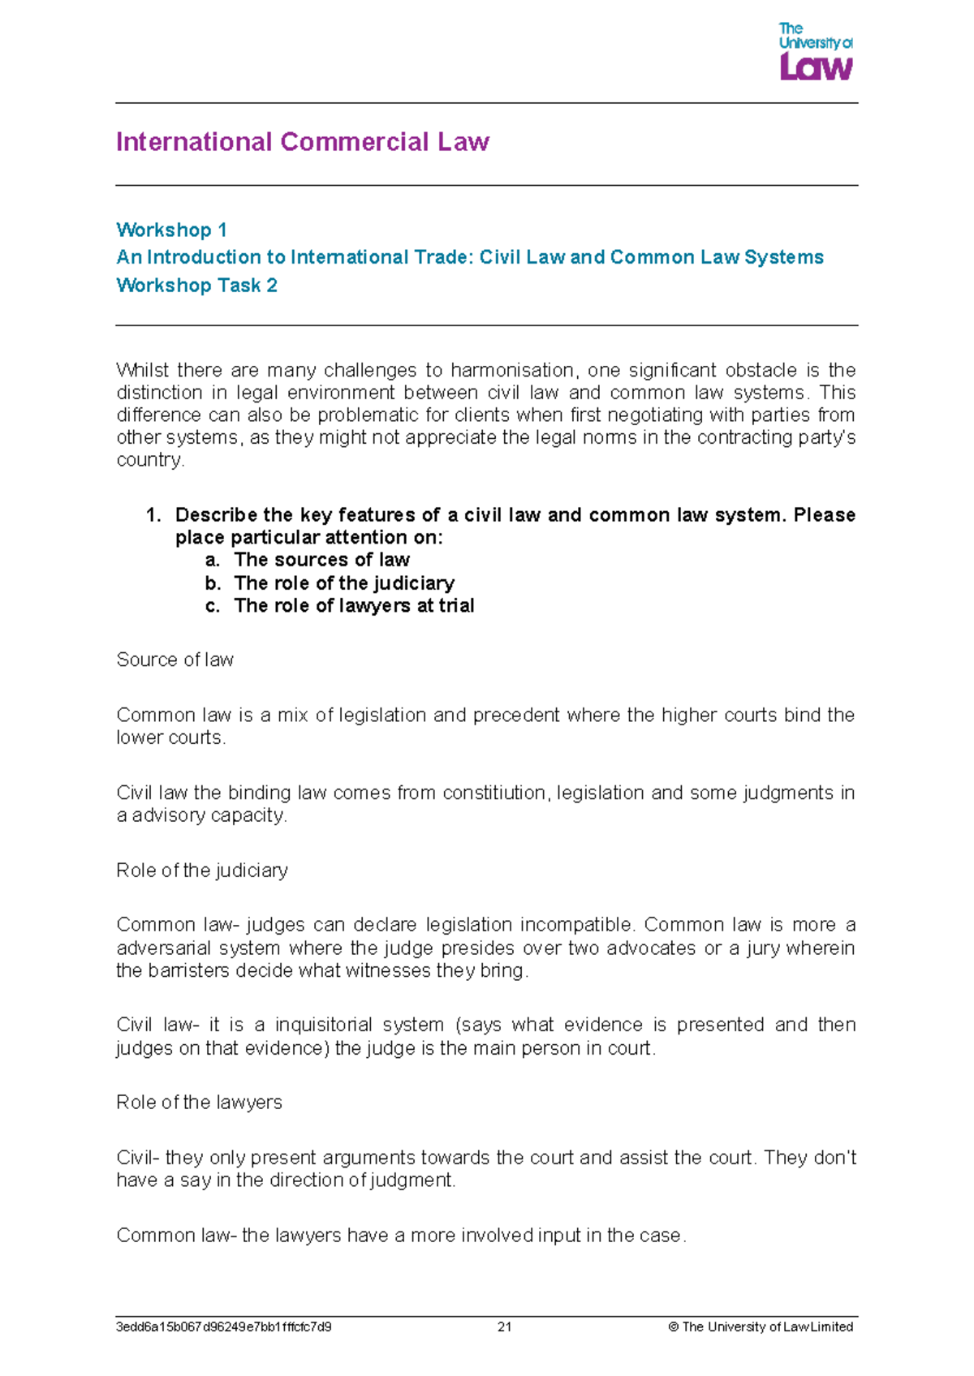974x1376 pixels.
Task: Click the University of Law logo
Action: click(x=815, y=53)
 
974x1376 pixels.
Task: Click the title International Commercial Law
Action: click(x=303, y=142)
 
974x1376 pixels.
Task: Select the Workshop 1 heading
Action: click(x=171, y=230)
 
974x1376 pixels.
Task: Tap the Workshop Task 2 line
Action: click(x=197, y=286)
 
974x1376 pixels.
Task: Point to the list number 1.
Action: click(x=153, y=515)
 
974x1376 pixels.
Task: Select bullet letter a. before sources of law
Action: click(x=213, y=561)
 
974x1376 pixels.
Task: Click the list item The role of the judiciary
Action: click(x=344, y=583)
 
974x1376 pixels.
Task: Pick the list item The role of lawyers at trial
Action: click(x=354, y=606)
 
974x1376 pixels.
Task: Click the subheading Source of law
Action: click(x=175, y=660)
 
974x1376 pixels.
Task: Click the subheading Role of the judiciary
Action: click(x=202, y=871)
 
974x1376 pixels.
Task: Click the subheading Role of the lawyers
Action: click(x=200, y=1103)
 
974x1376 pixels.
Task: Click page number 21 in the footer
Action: click(x=504, y=1327)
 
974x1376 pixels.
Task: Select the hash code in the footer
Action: click(x=224, y=1327)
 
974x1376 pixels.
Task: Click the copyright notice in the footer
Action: click(x=761, y=1327)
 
